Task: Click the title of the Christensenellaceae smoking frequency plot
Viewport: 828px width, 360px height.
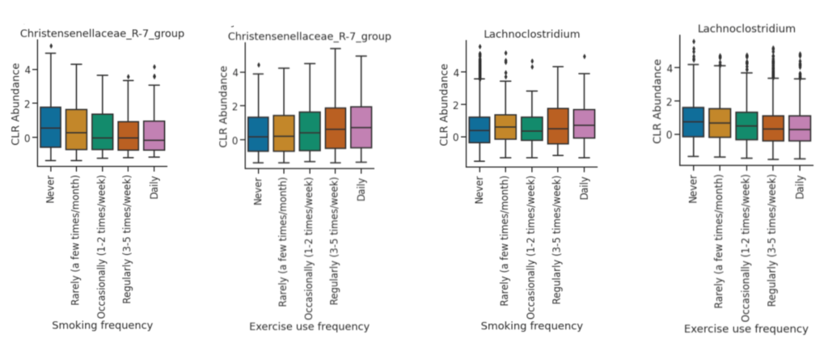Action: pos(103,33)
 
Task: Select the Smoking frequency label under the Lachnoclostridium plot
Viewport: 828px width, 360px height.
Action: pos(532,326)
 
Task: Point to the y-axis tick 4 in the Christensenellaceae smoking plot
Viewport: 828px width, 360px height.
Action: pos(28,70)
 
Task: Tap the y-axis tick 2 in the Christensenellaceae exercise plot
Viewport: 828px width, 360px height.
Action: pos(241,106)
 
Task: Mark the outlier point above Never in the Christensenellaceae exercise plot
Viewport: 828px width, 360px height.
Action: pos(259,65)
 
